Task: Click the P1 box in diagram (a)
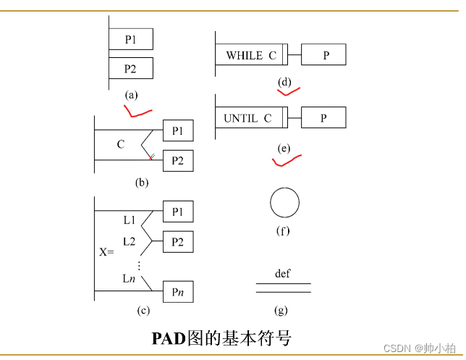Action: click(x=130, y=39)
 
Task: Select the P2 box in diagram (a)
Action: click(x=130, y=69)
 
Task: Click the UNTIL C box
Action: click(x=249, y=118)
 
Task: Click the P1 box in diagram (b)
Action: click(x=178, y=131)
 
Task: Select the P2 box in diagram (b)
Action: click(x=178, y=160)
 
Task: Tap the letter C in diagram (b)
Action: click(x=121, y=145)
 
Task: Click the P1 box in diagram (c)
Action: click(x=178, y=212)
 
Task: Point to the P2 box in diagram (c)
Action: click(x=178, y=240)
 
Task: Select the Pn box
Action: click(x=178, y=291)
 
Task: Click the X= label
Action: click(x=106, y=253)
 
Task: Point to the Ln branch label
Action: click(x=129, y=279)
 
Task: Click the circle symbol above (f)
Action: click(x=284, y=203)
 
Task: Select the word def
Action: click(x=283, y=274)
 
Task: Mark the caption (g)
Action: click(x=281, y=310)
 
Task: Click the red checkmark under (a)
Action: click(x=137, y=112)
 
